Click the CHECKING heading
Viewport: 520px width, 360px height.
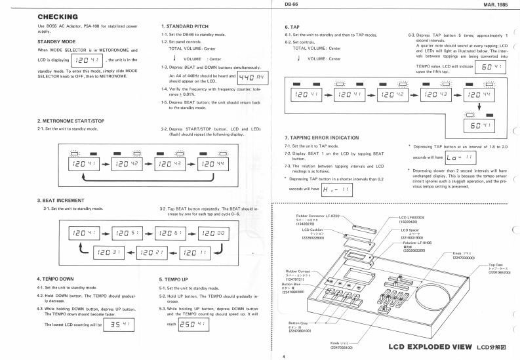tap(58, 16)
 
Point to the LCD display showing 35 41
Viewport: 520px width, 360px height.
tap(123, 323)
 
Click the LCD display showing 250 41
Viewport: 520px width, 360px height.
tap(194, 323)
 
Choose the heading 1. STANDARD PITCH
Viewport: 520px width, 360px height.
tap(185, 26)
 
